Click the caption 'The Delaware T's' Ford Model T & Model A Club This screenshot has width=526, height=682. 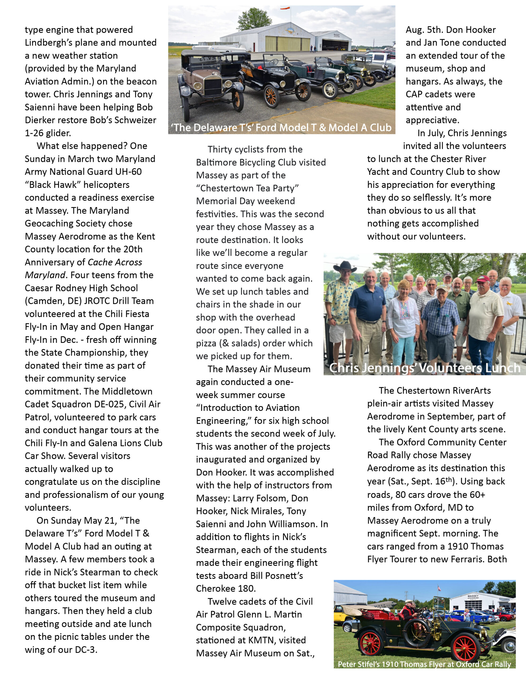click(281, 127)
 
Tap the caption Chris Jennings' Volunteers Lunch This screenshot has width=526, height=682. click(425, 368)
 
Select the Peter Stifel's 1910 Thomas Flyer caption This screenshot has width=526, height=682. click(424, 664)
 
